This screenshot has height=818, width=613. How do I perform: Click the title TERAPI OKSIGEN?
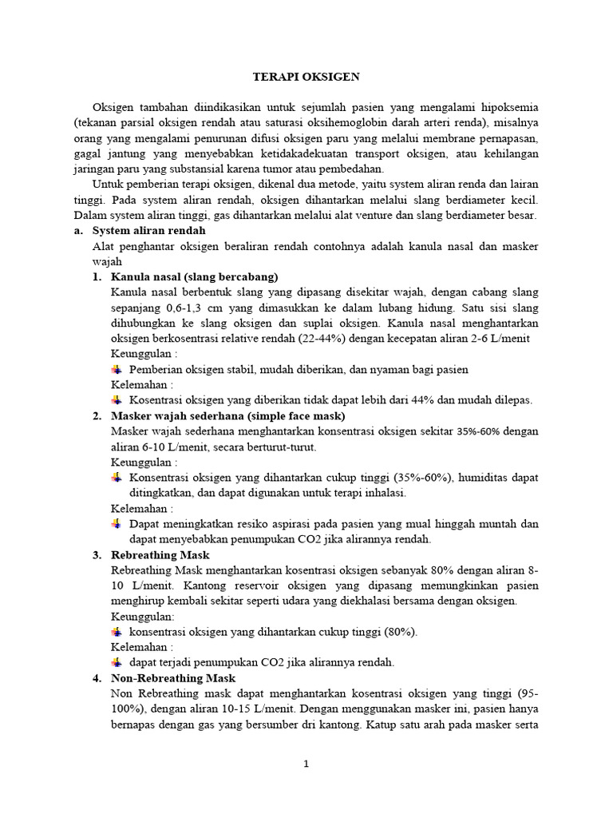(x=306, y=77)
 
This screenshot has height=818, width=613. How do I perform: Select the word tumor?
(x=293, y=169)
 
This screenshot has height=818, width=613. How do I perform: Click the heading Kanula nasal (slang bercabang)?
(x=195, y=276)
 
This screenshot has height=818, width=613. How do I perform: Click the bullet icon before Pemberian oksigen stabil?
(x=117, y=369)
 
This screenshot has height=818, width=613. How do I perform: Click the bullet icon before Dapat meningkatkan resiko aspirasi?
(x=117, y=524)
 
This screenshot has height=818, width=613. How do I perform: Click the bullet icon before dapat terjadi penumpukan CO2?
(x=117, y=662)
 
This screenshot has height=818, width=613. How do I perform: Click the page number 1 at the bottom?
(x=306, y=764)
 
